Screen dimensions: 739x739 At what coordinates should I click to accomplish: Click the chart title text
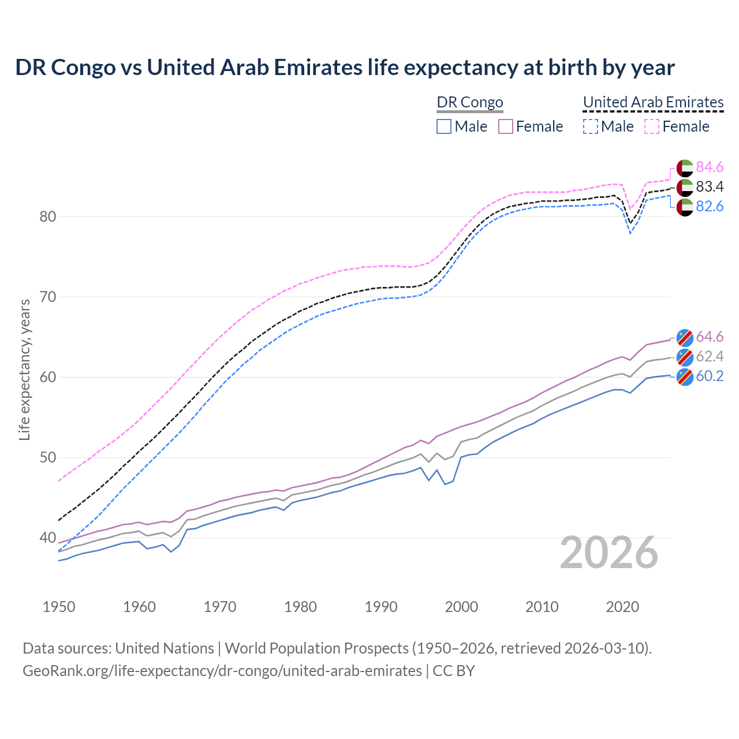tap(345, 68)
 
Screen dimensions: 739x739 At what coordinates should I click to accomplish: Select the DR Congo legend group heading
tap(470, 103)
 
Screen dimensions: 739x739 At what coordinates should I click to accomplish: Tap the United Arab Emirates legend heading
tap(653, 102)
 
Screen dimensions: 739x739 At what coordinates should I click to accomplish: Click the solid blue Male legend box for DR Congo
tap(443, 126)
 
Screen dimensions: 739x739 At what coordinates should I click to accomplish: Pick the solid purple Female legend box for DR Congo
tap(506, 126)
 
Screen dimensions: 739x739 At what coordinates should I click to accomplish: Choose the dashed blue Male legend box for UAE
tap(590, 126)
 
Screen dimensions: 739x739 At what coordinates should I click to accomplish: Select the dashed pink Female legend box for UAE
tap(652, 126)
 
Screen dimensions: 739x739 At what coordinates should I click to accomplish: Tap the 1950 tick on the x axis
tap(59, 607)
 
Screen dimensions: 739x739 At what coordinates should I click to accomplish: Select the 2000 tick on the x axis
tap(461, 607)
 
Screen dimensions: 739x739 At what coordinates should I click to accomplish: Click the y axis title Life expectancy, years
tap(24, 369)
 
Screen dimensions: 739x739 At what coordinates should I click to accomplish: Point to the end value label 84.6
tap(710, 167)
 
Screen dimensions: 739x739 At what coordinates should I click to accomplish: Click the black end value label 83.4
tap(710, 187)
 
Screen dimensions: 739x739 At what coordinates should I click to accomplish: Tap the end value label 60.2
tap(710, 376)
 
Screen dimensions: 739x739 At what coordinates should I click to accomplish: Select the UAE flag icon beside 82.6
tap(685, 207)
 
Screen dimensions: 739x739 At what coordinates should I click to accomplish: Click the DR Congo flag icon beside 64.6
tap(685, 337)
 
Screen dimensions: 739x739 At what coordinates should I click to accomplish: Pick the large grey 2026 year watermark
tap(609, 553)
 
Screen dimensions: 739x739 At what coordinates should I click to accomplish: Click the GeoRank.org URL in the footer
tap(222, 671)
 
